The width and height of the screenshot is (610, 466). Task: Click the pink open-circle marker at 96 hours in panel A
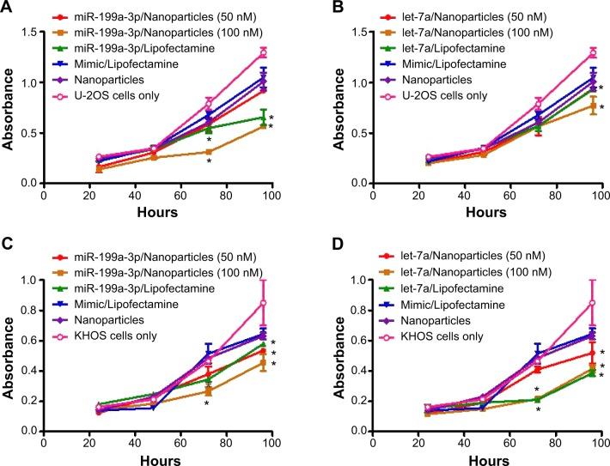click(263, 53)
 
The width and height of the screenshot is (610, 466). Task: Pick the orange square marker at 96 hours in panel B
click(569, 106)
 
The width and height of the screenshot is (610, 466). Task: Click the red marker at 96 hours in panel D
click(569, 353)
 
